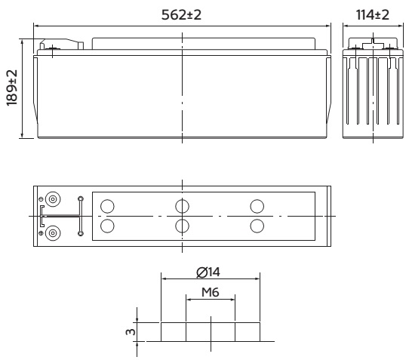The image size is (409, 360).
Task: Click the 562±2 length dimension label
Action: tap(182, 15)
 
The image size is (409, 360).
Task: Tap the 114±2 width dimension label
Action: tap(373, 15)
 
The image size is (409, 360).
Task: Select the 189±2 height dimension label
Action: tap(12, 88)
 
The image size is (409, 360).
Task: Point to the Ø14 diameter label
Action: tap(208, 272)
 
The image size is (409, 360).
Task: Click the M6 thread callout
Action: tap(211, 292)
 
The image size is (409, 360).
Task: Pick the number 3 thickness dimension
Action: tap(131, 332)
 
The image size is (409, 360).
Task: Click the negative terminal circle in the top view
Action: tap(53, 199)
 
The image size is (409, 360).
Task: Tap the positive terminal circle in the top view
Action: tap(53, 233)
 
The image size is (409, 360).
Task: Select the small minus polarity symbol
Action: tap(41, 199)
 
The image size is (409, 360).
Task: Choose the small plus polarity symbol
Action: tap(41, 233)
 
